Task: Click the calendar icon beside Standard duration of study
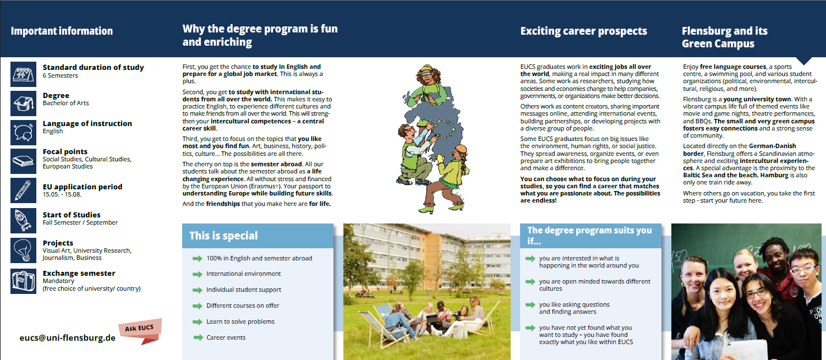23,74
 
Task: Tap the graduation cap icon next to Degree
23,103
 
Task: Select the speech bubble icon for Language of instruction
23,133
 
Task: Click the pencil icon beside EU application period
23,190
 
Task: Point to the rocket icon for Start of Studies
23,221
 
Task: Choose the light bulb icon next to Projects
23,250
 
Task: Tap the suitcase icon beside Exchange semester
23,281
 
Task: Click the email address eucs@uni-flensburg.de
68,338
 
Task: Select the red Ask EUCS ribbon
140,331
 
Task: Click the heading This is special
223,236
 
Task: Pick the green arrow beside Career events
199,337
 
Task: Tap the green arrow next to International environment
198,274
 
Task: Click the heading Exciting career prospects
584,31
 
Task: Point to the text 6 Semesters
60,75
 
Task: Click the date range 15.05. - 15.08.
62,194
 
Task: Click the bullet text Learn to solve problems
240,321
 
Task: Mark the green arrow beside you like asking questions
530,305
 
